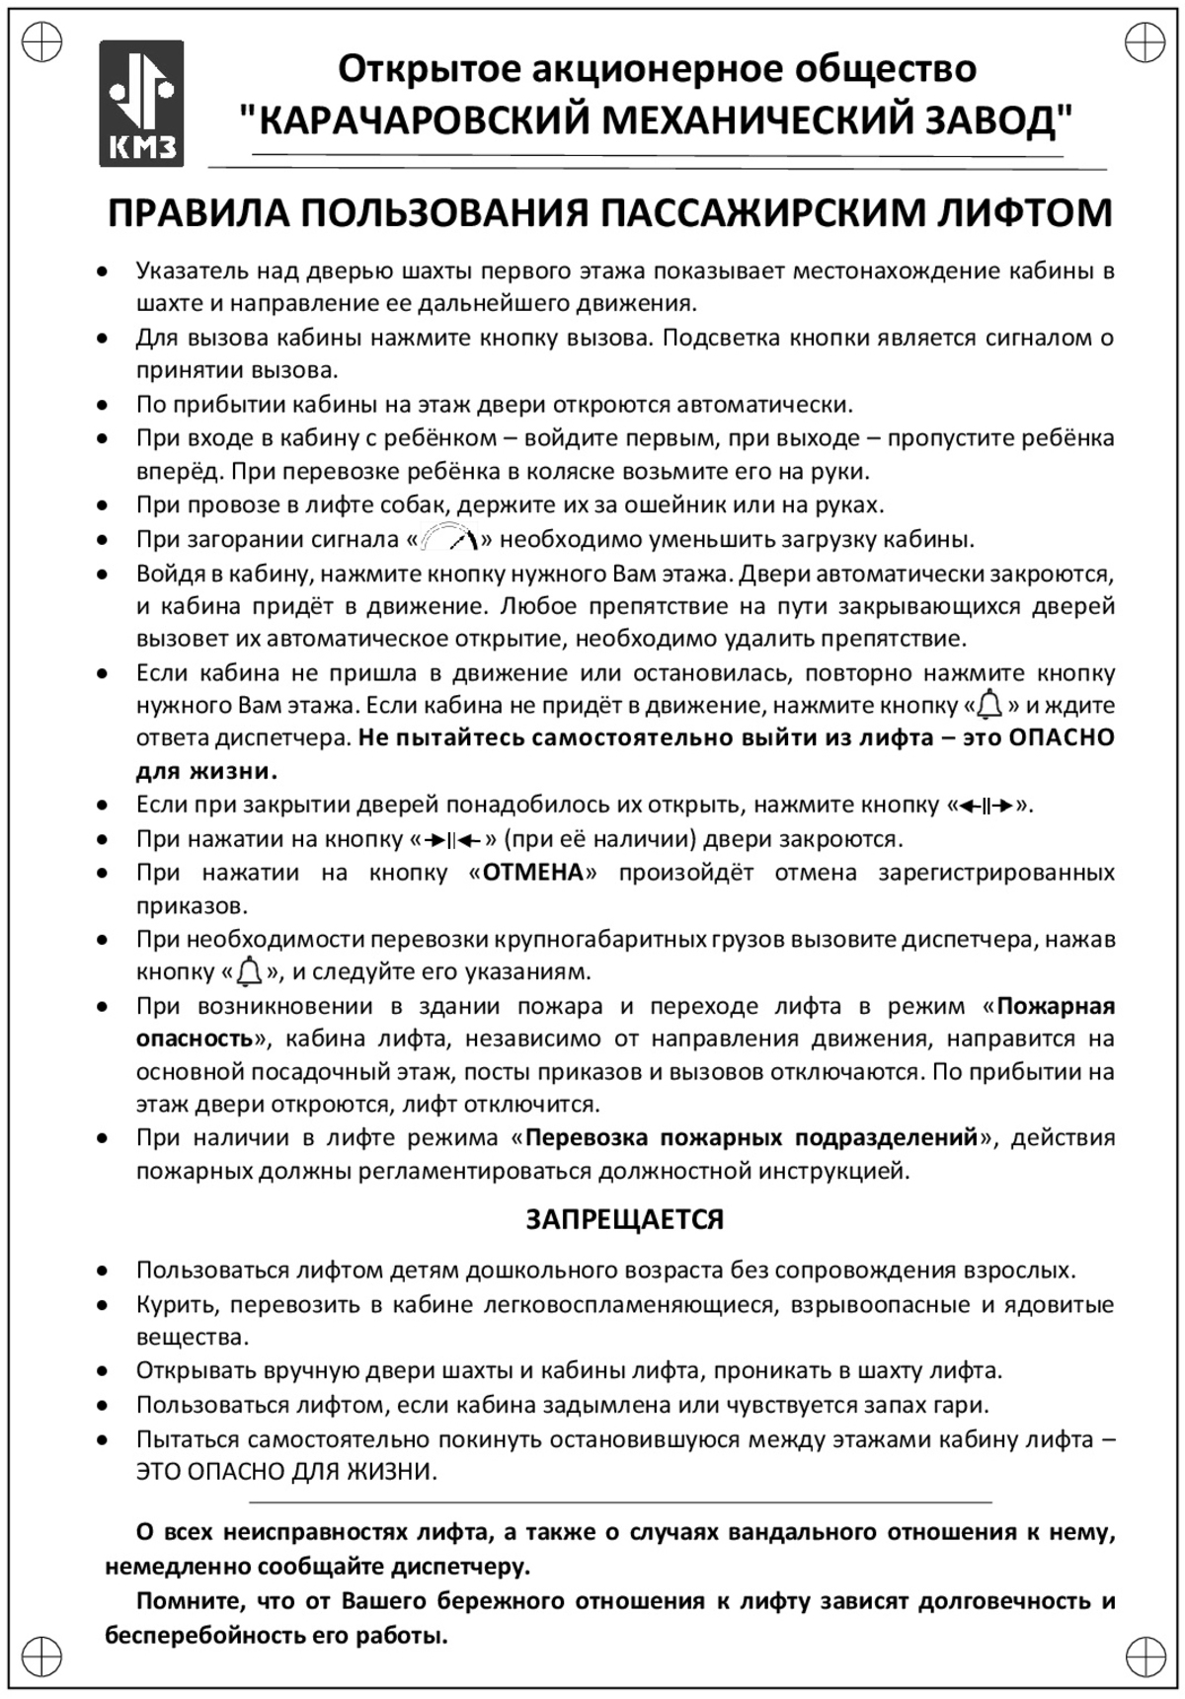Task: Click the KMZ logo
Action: click(141, 103)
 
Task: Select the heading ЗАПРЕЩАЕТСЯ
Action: click(624, 1219)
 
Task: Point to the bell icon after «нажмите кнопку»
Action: click(989, 705)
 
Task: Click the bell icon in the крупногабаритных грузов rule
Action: click(250, 972)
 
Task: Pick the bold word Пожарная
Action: click(1056, 1006)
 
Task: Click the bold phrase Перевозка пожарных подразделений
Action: click(750, 1138)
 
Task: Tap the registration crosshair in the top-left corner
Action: click(42, 41)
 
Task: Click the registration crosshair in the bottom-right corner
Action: click(1144, 1657)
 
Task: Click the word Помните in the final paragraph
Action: click(185, 1601)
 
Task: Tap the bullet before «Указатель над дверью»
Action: click(102, 270)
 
